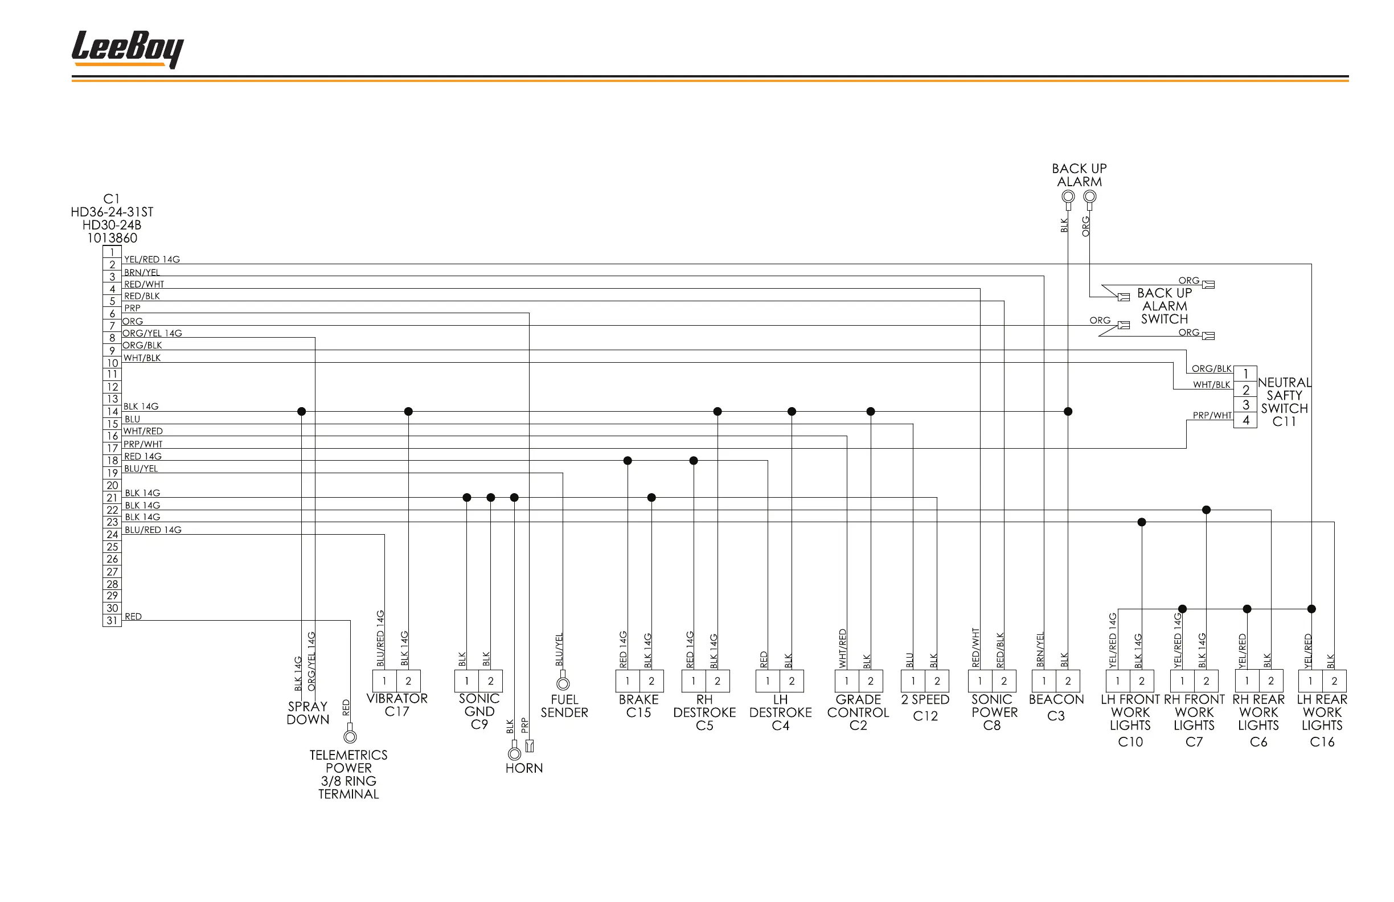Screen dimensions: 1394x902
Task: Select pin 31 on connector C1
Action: coord(112,620)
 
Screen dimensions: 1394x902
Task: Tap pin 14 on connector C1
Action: coord(112,412)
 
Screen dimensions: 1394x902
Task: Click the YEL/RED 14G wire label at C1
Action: coord(151,260)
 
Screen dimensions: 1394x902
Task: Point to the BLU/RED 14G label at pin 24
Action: coord(153,530)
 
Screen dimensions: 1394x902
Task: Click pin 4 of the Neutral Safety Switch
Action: coord(1245,420)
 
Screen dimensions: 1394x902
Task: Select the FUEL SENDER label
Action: coord(564,706)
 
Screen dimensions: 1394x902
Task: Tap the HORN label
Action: coord(524,768)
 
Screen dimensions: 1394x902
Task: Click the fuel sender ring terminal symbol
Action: coord(563,683)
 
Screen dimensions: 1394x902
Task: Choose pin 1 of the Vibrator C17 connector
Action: coord(384,681)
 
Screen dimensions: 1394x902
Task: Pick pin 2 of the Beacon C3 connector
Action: coord(1068,681)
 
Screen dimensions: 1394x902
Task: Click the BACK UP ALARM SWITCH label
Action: coord(1164,306)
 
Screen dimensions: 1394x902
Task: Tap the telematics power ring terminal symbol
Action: coord(350,736)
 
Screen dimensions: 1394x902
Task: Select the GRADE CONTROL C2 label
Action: coord(858,712)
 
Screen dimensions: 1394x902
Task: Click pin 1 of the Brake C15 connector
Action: coord(628,681)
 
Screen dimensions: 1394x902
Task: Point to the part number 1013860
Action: coord(112,239)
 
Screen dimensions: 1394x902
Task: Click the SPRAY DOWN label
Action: coord(307,713)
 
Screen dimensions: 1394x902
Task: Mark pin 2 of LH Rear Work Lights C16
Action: coord(1334,681)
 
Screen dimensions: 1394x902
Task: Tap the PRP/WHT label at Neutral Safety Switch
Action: coord(1212,415)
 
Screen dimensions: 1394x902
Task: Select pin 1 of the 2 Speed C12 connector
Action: coord(913,681)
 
